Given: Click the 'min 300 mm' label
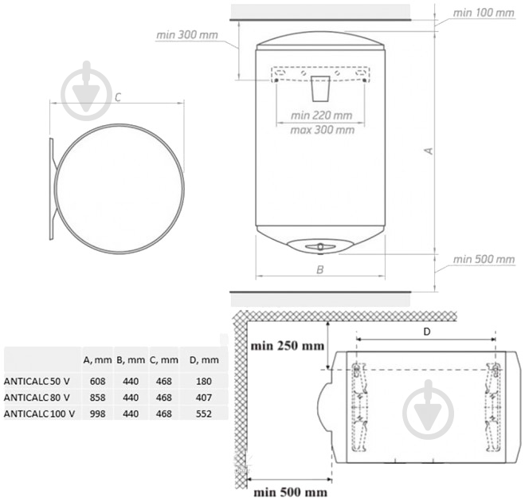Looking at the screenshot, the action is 187,35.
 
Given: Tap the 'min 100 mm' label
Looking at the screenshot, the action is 484,13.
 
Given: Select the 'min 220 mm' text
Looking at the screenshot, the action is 321,116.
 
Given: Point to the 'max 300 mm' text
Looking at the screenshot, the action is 322,130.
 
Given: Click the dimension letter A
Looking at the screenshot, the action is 429,151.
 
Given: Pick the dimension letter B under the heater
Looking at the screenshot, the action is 320,269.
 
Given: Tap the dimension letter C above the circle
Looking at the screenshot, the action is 118,97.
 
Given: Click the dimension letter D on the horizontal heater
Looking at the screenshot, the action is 426,331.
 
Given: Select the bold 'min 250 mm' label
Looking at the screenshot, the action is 288,346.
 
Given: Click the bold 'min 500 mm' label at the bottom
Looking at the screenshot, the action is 290,492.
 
